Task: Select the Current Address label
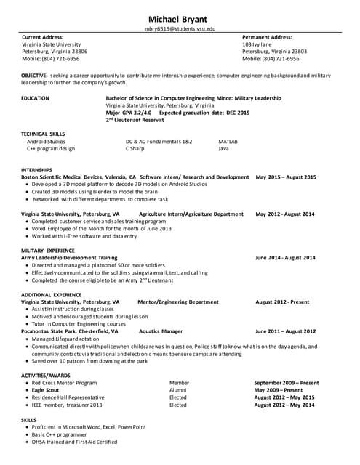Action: coord(42,36)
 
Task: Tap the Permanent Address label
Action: coord(267,36)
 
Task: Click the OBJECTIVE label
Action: coord(34,75)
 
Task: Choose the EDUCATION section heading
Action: coord(36,96)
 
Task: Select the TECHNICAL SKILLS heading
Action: coord(43,134)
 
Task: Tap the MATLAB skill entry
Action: coord(228,142)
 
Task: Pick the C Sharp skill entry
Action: coord(136,149)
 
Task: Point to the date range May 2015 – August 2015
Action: coord(286,177)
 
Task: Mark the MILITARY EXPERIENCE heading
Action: coord(47,251)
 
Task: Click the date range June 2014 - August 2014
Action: coord(285,258)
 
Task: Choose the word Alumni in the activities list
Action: coord(178,389)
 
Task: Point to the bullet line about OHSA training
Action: coord(74,442)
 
